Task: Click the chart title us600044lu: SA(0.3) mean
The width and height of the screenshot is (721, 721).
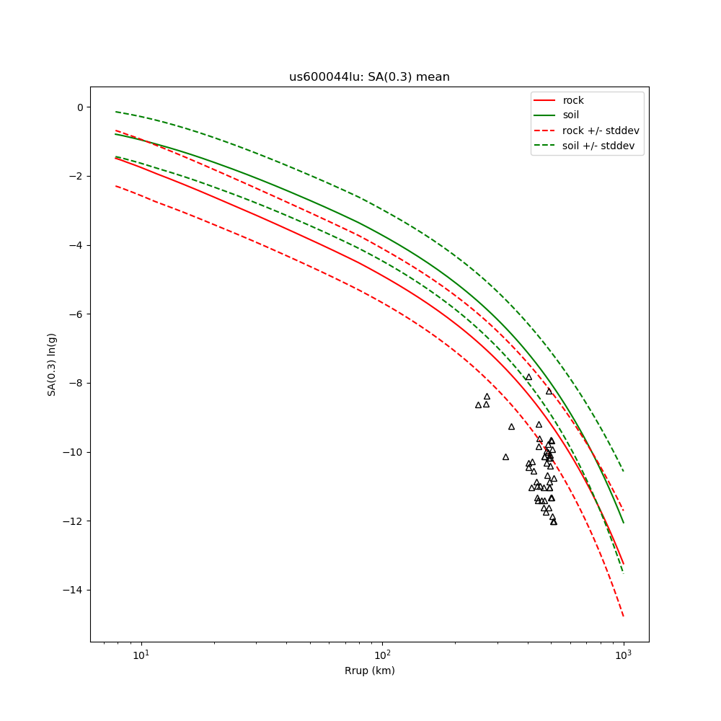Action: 369,77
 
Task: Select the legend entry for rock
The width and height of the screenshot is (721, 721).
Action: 573,100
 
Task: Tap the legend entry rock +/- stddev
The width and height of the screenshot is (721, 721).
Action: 601,131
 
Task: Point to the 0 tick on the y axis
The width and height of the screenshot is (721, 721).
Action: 79,107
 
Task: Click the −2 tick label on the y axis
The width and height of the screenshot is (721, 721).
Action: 76,177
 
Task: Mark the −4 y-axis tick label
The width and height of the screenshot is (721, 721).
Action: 76,245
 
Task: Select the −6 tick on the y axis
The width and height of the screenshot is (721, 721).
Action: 76,314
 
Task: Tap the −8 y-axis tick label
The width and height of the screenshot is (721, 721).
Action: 76,384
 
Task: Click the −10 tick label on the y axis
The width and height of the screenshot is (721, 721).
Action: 74,452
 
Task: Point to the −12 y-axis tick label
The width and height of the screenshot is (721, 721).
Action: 74,521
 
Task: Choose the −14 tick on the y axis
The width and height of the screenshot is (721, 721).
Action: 74,590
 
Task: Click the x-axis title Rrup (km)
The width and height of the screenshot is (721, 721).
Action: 369,671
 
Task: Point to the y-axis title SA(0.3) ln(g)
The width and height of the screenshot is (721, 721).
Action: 52,364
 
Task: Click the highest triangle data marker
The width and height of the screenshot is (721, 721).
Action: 528,377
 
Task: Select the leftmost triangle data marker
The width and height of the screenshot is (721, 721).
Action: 478,405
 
